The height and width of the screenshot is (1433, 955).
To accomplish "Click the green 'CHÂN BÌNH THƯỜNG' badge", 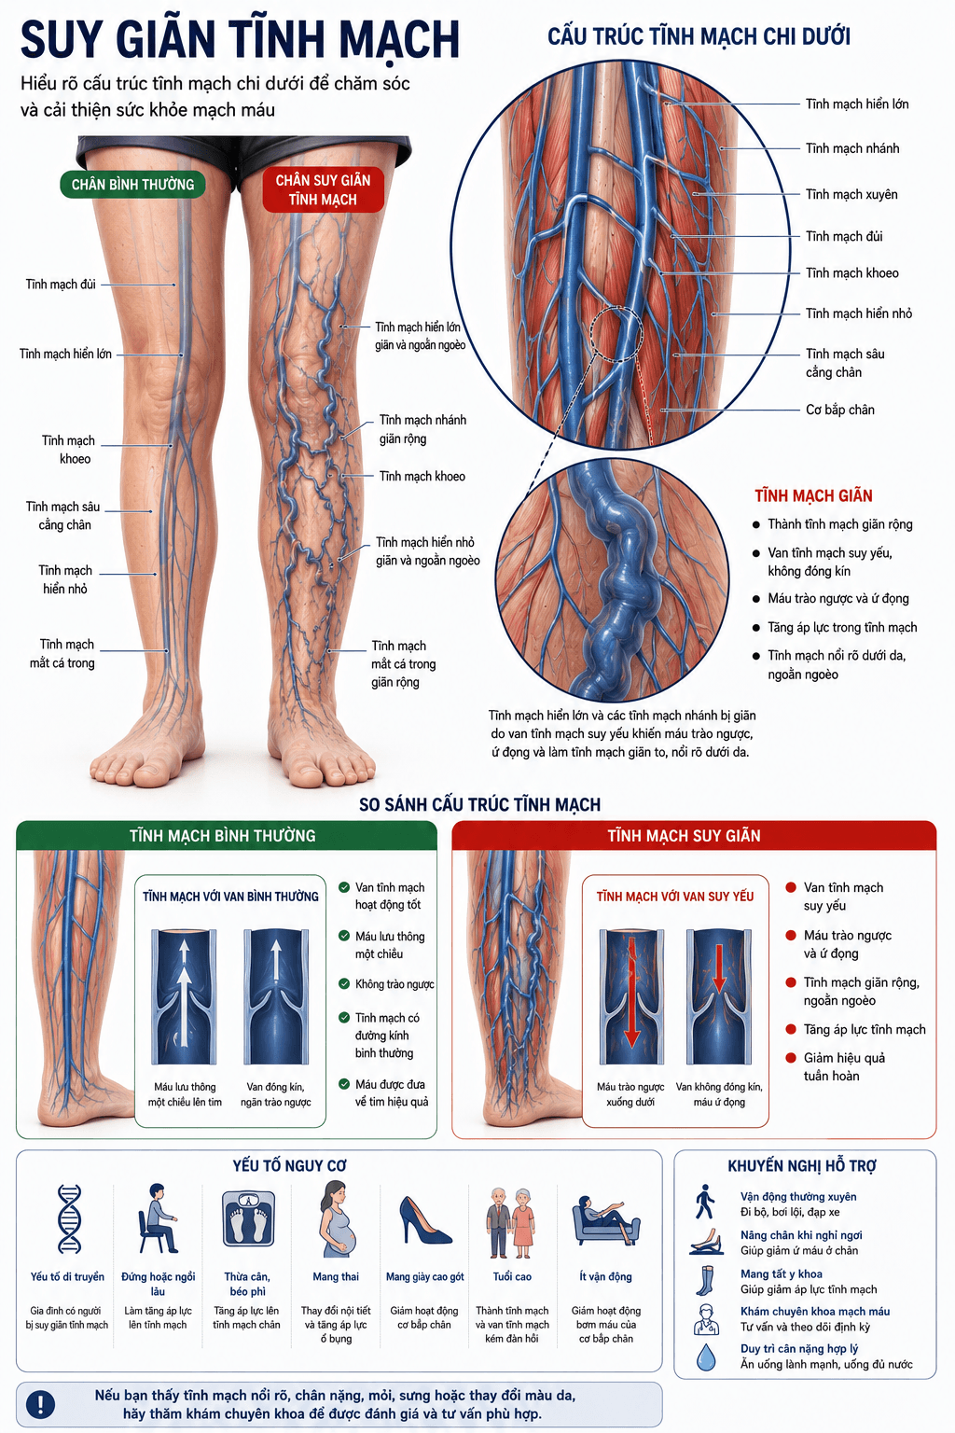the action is point(132,184).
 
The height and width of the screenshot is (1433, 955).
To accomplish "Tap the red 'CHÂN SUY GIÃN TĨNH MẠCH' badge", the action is point(323,190).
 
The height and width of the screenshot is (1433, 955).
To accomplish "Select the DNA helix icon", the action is point(69,1218).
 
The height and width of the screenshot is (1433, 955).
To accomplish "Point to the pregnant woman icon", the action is point(337,1219).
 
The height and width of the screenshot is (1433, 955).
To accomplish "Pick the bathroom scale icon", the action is point(248,1218).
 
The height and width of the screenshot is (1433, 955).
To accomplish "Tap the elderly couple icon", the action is point(512,1222).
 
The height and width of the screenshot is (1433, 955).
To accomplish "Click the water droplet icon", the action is point(706,1356).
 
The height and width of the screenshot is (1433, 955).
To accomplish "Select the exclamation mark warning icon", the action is point(40,1404).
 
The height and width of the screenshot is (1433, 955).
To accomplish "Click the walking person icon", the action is point(705,1202).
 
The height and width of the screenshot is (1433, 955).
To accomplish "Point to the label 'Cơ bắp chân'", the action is point(840,410).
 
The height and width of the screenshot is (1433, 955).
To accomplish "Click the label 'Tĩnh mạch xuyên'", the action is point(851,194).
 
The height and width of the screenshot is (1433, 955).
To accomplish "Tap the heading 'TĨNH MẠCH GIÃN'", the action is point(813,495).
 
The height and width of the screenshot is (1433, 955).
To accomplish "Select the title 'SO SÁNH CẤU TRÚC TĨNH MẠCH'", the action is point(479,804).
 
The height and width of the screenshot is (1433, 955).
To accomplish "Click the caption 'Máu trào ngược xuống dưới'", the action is point(630,1094).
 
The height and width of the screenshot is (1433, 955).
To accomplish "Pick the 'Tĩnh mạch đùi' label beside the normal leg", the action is point(61,284).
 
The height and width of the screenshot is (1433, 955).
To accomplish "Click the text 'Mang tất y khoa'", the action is point(781,1273).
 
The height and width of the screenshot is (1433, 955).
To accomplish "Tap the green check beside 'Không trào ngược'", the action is point(344,984).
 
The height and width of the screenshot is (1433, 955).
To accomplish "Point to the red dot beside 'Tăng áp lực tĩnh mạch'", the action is point(791,1029).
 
